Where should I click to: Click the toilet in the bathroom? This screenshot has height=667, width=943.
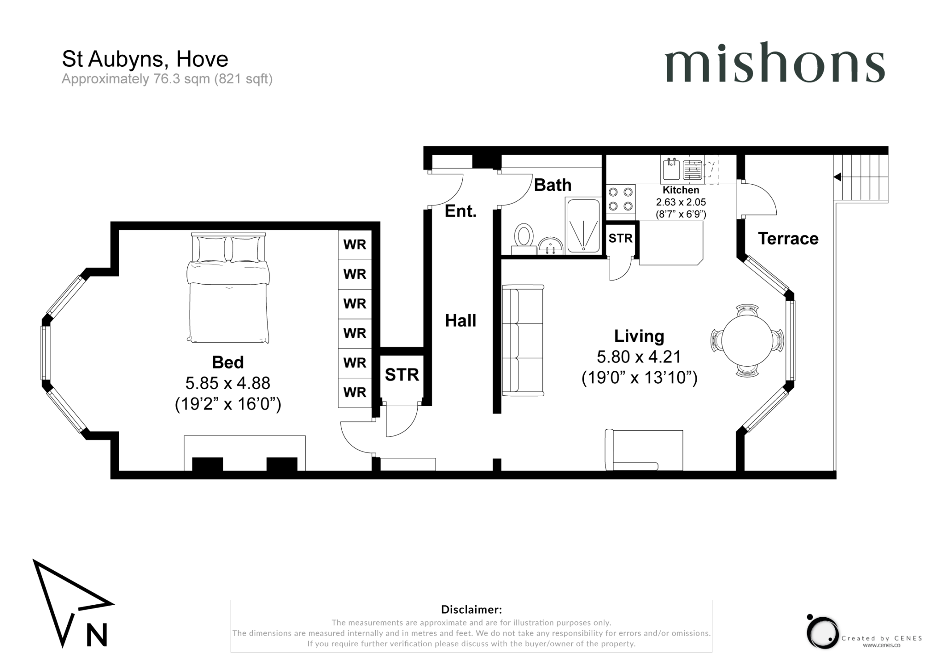(x=524, y=239)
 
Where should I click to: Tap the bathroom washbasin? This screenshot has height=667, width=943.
(x=550, y=246)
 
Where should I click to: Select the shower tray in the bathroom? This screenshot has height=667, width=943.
(x=583, y=225)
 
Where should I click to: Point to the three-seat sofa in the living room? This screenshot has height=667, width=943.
(x=523, y=340)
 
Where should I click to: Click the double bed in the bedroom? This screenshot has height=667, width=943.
(x=228, y=288)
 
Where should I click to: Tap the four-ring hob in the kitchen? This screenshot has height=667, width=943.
(x=621, y=199)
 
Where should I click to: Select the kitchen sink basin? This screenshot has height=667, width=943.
(x=671, y=169)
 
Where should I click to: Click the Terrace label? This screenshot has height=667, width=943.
(x=788, y=239)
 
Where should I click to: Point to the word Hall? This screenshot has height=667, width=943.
(x=460, y=321)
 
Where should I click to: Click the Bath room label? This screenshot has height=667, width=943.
(x=553, y=185)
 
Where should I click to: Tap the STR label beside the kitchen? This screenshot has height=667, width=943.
(x=620, y=238)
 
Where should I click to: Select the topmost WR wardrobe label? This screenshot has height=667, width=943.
(x=355, y=245)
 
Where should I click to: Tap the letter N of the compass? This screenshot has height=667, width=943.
(x=97, y=635)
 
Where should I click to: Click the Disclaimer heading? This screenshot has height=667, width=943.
(x=471, y=609)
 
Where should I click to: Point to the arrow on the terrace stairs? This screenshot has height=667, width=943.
(x=838, y=177)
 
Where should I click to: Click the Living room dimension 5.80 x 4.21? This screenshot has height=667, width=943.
(x=639, y=357)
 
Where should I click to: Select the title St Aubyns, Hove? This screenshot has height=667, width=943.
(x=145, y=59)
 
